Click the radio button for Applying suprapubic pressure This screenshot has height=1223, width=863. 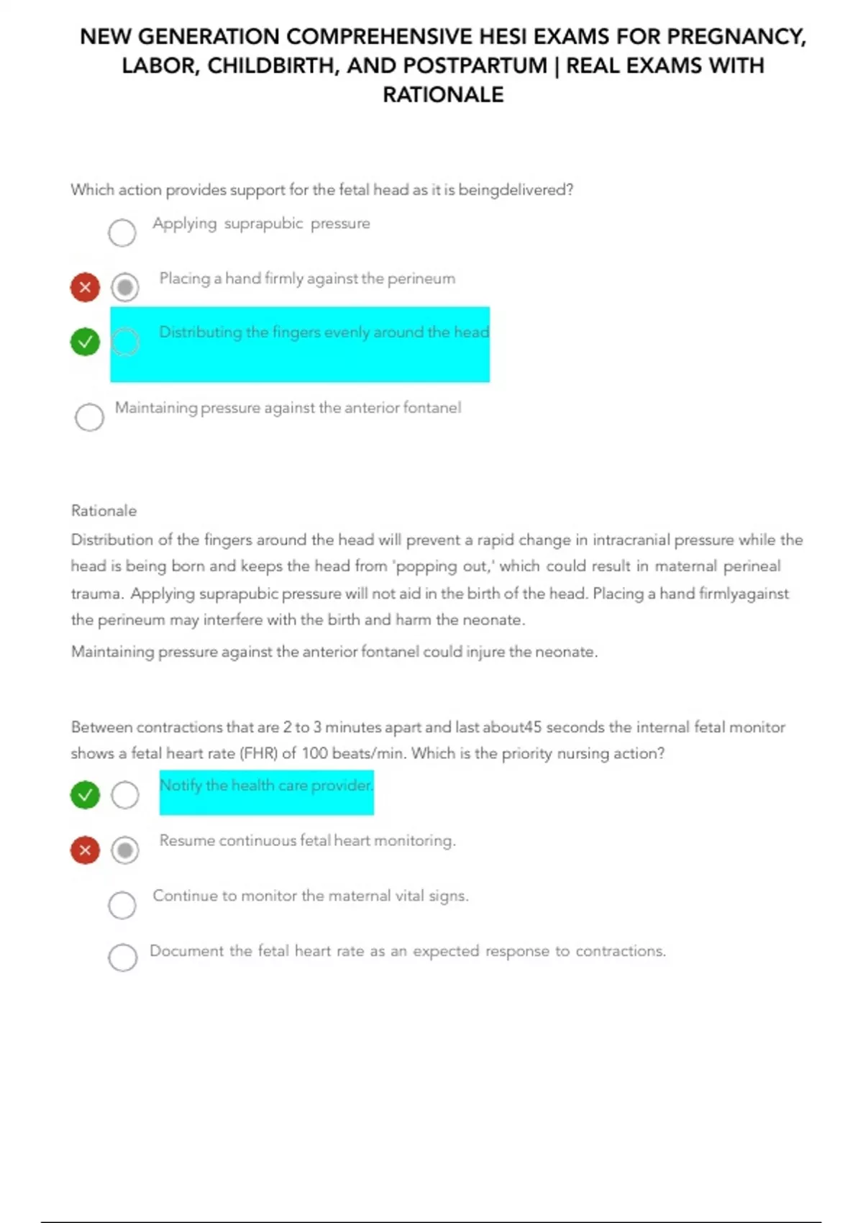click(122, 232)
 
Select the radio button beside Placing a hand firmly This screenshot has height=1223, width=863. click(125, 287)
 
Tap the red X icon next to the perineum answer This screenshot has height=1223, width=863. click(85, 287)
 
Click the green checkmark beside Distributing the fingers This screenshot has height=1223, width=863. click(85, 342)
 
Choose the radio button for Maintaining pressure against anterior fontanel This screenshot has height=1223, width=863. click(89, 417)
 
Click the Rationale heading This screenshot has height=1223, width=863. click(104, 511)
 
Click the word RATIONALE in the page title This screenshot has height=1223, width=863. click(443, 95)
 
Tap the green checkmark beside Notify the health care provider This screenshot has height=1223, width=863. click(85, 795)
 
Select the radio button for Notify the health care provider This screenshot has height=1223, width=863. click(125, 795)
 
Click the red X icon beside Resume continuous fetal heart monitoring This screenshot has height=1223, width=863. click(85, 850)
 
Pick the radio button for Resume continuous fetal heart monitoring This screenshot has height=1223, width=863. click(125, 850)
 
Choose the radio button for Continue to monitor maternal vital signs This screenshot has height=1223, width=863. click(122, 905)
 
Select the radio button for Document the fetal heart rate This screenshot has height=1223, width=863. click(123, 958)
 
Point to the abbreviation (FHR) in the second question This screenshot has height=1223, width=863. click(259, 753)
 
